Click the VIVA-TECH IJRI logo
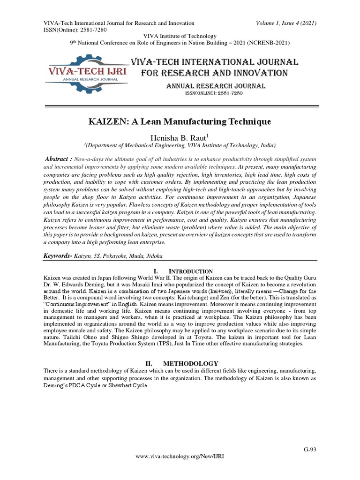click(87, 72)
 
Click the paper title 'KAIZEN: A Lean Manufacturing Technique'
click(180, 121)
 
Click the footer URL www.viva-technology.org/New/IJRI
click(180, 469)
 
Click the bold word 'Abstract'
click(60, 159)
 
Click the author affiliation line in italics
click(180, 145)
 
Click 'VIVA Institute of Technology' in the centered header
click(180, 36)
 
